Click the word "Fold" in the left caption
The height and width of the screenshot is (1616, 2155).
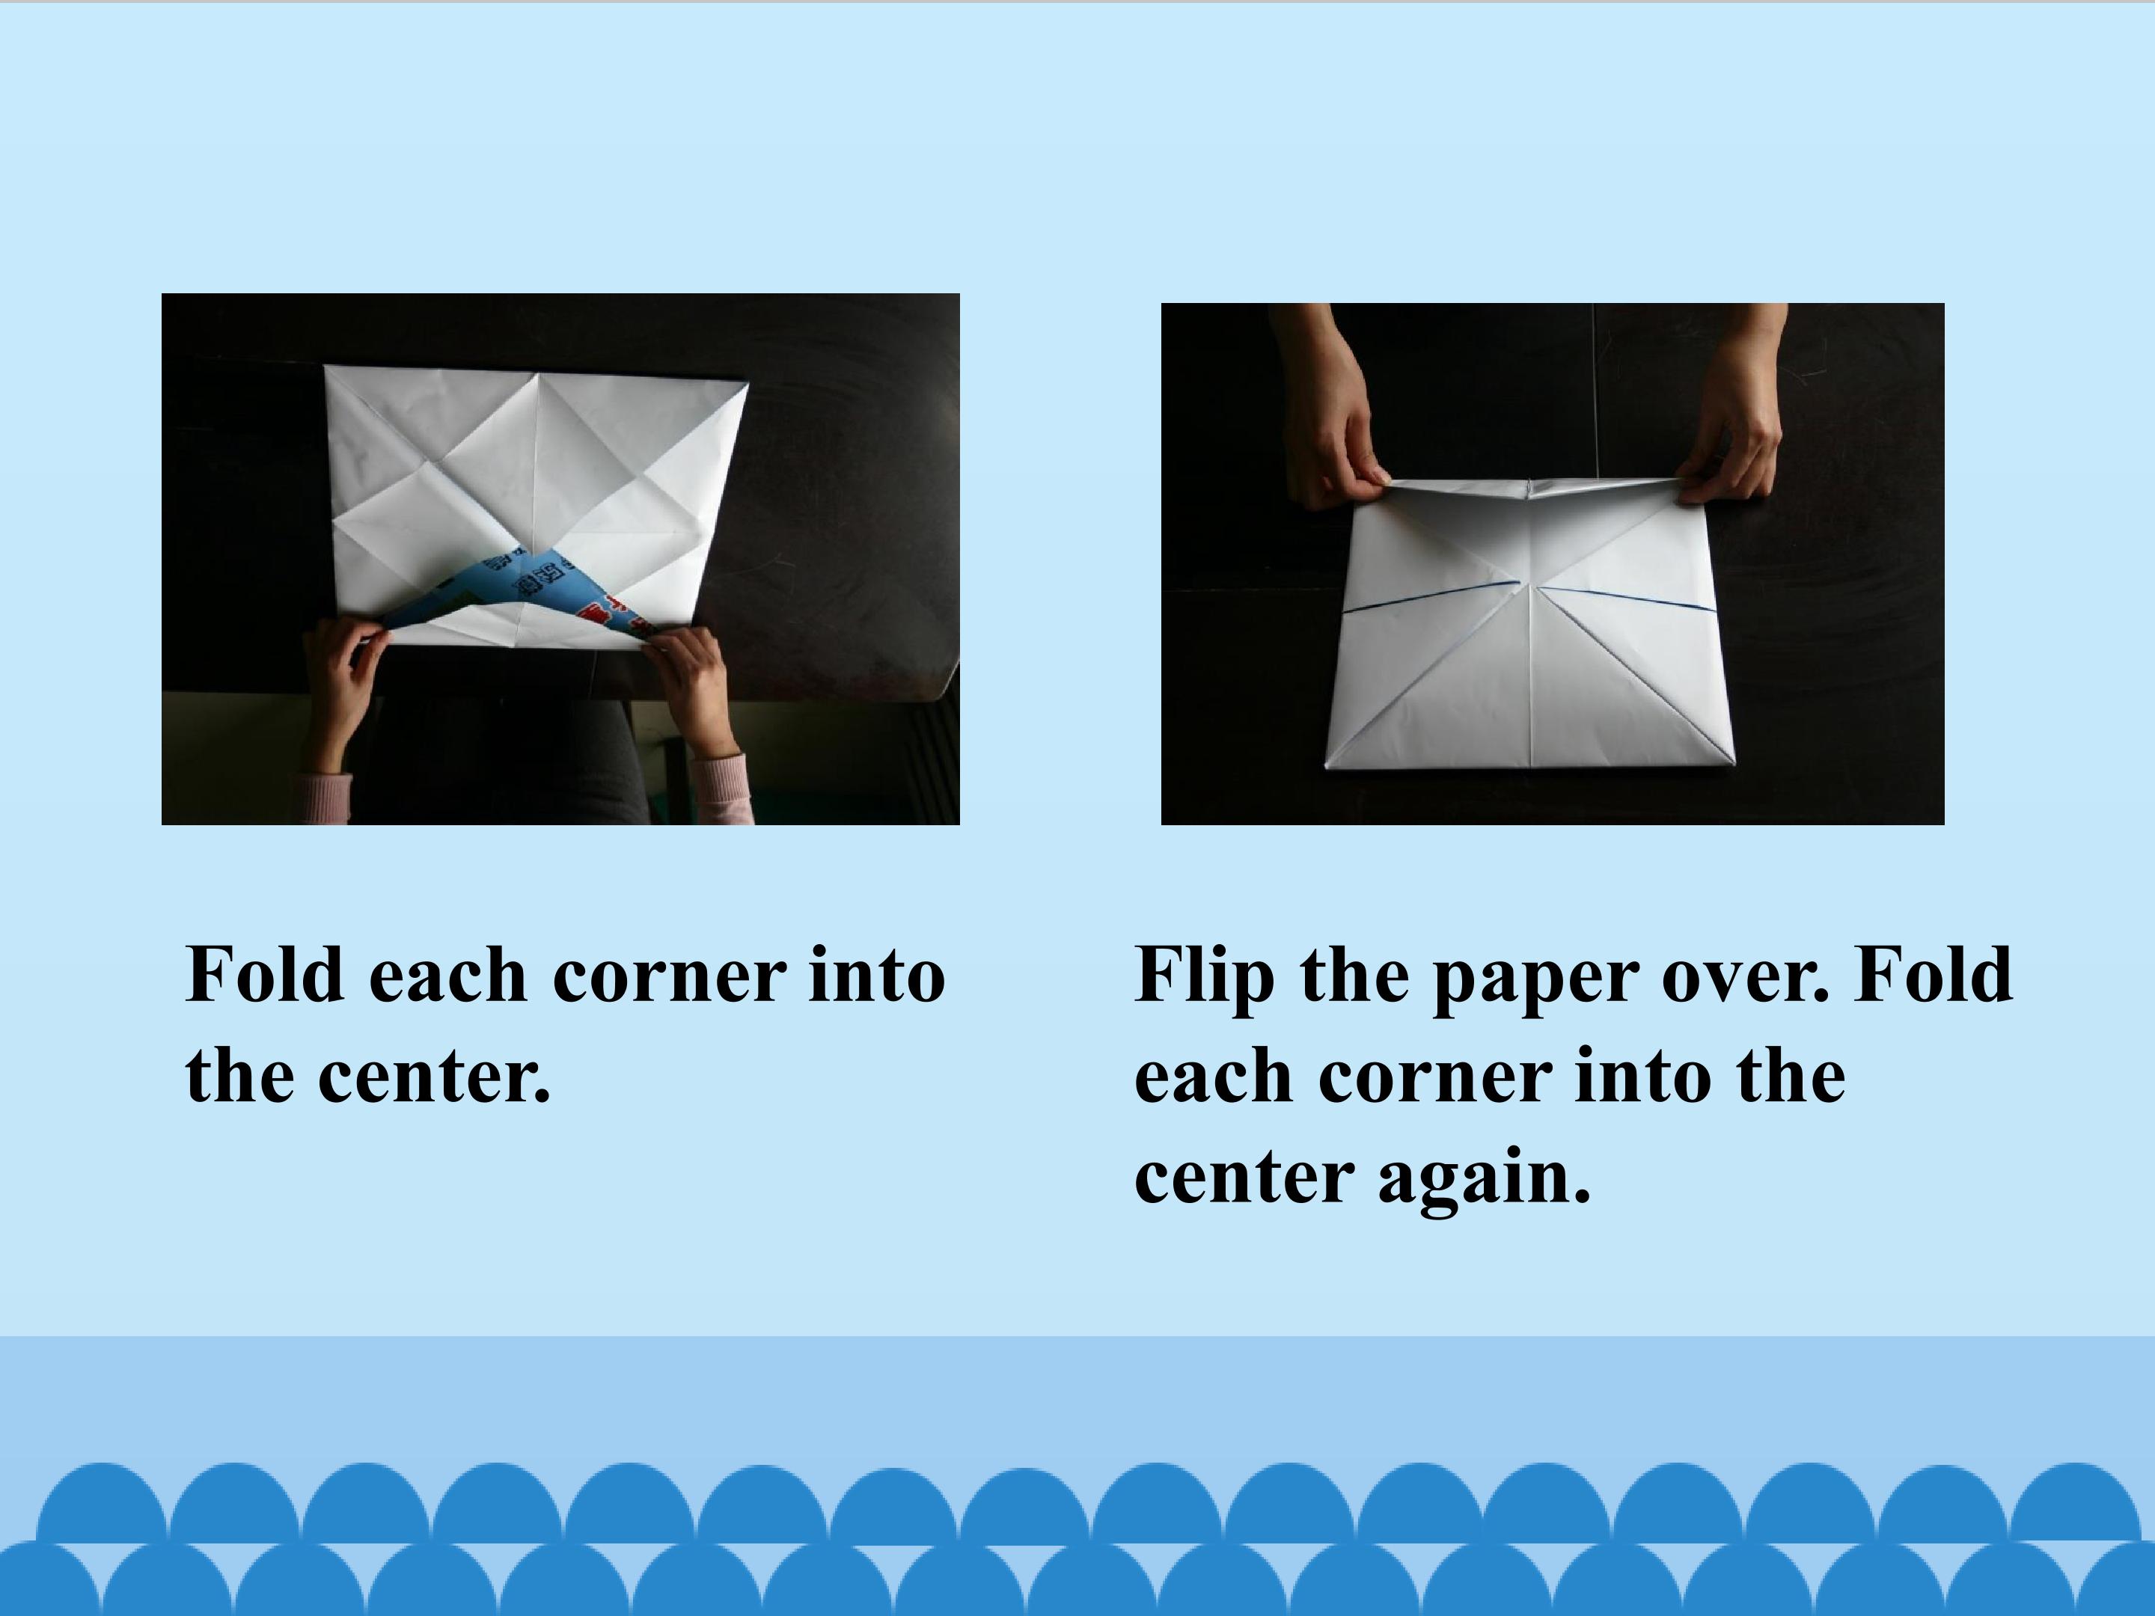pos(265,973)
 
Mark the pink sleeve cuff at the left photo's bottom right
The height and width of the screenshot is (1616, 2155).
pos(721,789)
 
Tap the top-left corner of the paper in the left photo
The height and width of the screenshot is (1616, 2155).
pos(325,367)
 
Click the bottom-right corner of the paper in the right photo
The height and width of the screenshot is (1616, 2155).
pos(1736,765)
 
